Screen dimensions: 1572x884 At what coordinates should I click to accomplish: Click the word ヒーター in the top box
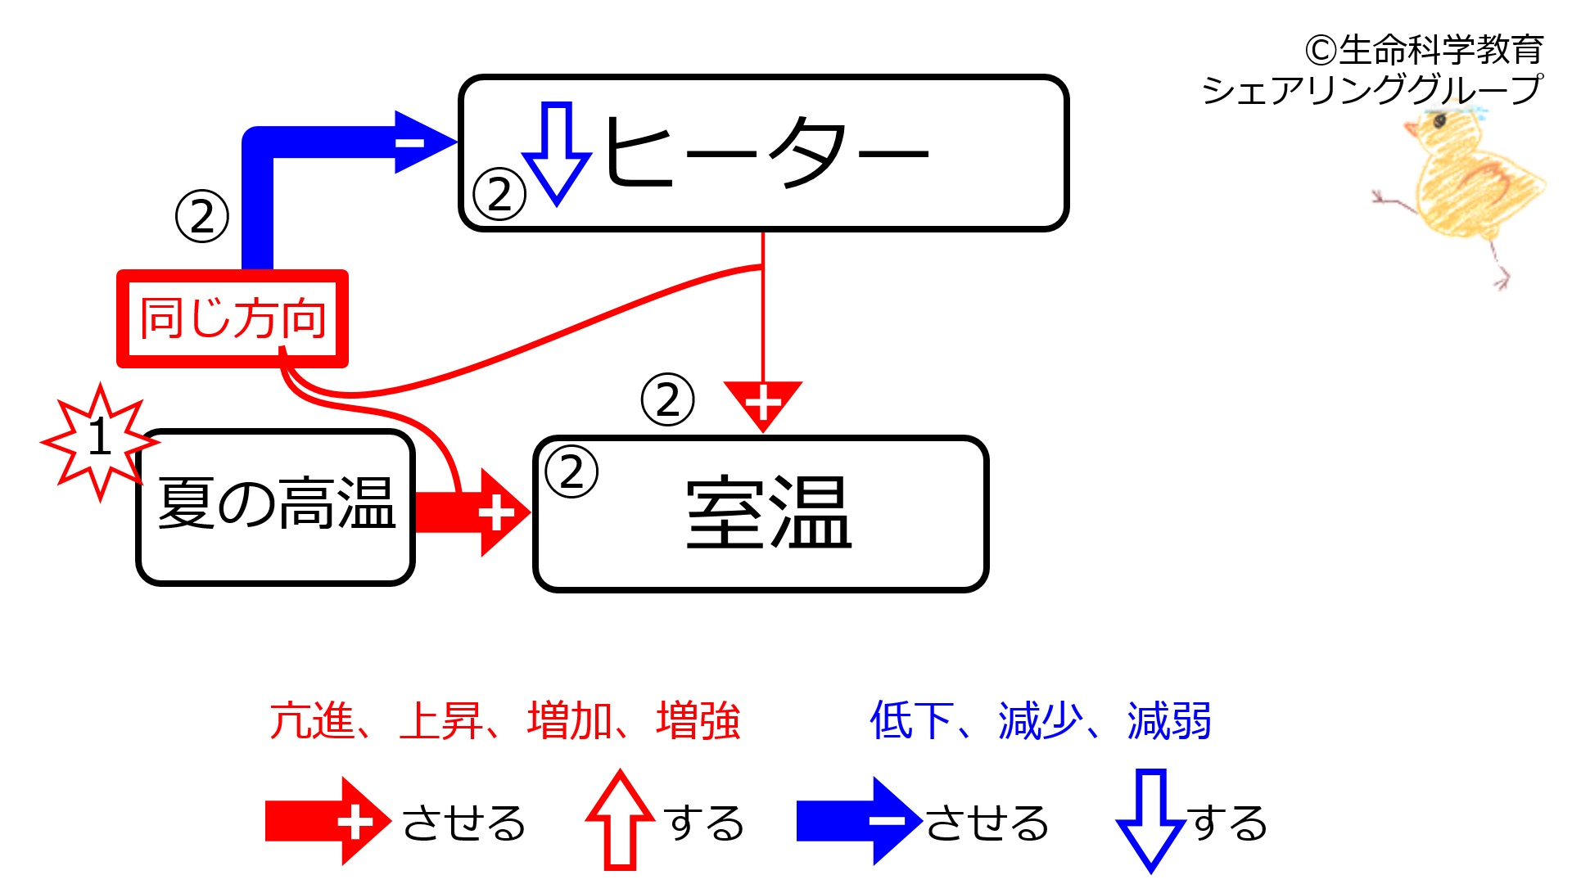tap(766, 152)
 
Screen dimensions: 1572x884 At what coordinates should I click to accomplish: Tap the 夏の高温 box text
tap(277, 503)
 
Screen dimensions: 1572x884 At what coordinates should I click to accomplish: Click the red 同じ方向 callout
tap(233, 318)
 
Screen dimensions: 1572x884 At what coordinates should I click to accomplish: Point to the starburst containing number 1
tap(99, 440)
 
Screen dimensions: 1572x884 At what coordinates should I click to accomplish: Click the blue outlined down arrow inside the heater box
tap(557, 154)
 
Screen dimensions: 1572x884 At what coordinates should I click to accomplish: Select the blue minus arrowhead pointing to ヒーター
tap(424, 142)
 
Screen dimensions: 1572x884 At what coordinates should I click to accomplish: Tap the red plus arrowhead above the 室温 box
tap(763, 405)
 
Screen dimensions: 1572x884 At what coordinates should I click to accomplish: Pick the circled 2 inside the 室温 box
tap(571, 471)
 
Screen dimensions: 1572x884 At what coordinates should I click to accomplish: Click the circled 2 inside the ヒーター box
tap(499, 194)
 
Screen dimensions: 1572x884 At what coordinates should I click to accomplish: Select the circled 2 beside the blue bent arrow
tap(202, 216)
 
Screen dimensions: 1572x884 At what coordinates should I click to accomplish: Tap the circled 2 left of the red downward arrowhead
tap(668, 399)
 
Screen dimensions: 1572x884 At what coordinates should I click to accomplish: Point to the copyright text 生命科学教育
tap(1441, 51)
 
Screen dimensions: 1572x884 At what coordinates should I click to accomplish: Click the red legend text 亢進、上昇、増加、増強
tap(504, 721)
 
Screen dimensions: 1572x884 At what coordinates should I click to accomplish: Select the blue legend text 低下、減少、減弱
tap(1040, 721)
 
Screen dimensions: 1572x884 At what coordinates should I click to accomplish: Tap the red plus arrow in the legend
tap(328, 821)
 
